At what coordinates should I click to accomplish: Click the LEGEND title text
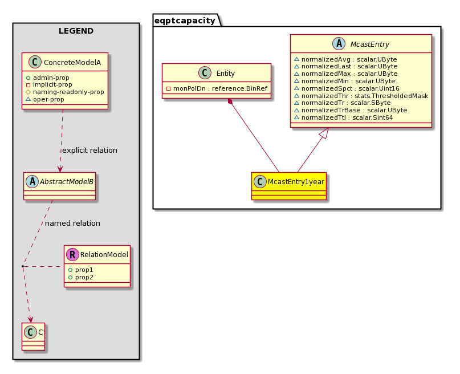coord(76,31)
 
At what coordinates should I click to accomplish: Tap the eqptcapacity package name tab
coord(185,21)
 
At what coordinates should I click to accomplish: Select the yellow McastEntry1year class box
coord(288,186)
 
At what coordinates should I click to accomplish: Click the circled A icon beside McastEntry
coord(339,44)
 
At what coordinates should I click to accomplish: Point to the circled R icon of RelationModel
coord(72,254)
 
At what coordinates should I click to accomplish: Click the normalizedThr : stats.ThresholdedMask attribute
coord(361,96)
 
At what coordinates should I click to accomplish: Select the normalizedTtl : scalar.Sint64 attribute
coord(343,117)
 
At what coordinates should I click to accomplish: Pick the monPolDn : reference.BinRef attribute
coord(217,88)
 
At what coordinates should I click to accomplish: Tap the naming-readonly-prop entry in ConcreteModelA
coord(65,92)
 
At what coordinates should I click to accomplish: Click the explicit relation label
coord(89,150)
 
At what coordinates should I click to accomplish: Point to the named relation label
coord(72,223)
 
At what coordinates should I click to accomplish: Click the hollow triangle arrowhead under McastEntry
coord(324,133)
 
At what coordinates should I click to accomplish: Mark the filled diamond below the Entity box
coord(230,101)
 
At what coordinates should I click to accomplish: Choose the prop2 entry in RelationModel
coord(81,277)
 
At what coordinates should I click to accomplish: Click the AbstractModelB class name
coord(67,182)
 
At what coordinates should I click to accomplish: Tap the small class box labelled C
coord(33,336)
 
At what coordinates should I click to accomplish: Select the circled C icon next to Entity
coord(205,73)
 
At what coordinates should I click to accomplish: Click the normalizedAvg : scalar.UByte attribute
coord(345,59)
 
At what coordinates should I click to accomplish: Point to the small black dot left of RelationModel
coord(23,266)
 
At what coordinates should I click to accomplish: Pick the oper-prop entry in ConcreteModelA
coord(45,99)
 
